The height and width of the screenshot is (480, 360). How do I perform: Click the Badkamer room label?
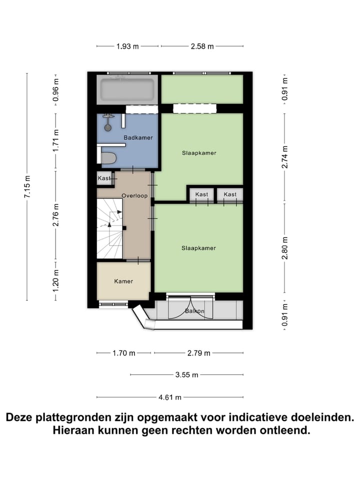[x=138, y=137]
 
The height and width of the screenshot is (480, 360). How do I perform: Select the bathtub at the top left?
[x=127, y=90]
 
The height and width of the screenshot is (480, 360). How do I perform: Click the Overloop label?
[x=134, y=195]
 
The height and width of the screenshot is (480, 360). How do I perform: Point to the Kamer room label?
[x=123, y=281]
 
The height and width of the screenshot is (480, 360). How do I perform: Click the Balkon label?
[x=194, y=311]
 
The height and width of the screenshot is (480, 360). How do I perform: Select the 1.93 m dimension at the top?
[x=127, y=46]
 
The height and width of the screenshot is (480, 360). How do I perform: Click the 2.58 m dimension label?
[x=202, y=46]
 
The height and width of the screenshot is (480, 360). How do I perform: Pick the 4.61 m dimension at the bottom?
[x=170, y=397]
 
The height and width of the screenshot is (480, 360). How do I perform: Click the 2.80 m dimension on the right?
[x=284, y=247]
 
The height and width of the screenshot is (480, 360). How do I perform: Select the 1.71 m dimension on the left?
[x=55, y=140]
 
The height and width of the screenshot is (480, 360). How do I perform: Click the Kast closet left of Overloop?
[x=104, y=178]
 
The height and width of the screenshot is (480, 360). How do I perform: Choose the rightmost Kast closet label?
[x=230, y=194]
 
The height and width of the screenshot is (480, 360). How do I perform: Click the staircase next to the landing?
[x=110, y=228]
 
